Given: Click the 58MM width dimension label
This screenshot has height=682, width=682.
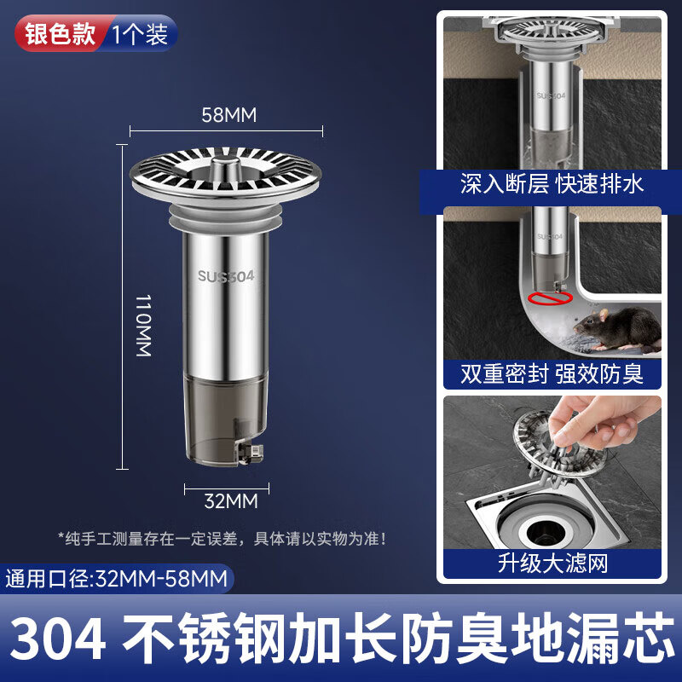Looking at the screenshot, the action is coord(228,115).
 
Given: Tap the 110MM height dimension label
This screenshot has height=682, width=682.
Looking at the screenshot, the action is coord(143,326).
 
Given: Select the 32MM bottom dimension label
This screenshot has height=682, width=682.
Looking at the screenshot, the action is coord(231,501).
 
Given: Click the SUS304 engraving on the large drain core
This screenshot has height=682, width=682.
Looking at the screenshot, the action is coord(226,276).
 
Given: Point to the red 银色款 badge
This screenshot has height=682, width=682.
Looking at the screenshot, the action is coord(61,33).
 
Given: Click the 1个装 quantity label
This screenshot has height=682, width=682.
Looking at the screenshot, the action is coord(140,34).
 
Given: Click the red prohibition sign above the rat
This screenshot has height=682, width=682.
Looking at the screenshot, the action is coord(550,298).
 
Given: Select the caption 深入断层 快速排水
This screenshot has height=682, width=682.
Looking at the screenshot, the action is coord(552,183).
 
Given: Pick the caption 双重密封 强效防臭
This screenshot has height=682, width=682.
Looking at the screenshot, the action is coord(552,373).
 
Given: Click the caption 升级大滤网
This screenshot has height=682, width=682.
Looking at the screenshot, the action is coord(552,564).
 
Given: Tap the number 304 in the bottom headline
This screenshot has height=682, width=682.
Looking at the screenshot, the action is coord(58,639).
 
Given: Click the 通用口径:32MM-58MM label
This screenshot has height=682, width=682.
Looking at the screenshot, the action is coord(117,579).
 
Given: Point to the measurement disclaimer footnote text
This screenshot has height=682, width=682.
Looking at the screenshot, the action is coord(223,539).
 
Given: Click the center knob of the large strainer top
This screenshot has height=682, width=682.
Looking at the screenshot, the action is coord(225,167).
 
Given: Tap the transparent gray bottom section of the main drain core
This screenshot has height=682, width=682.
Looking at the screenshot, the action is coord(225,419).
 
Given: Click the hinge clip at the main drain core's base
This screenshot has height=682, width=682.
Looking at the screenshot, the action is coord(250,453).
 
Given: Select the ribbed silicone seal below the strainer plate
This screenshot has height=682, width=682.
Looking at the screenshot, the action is coord(225,218).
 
